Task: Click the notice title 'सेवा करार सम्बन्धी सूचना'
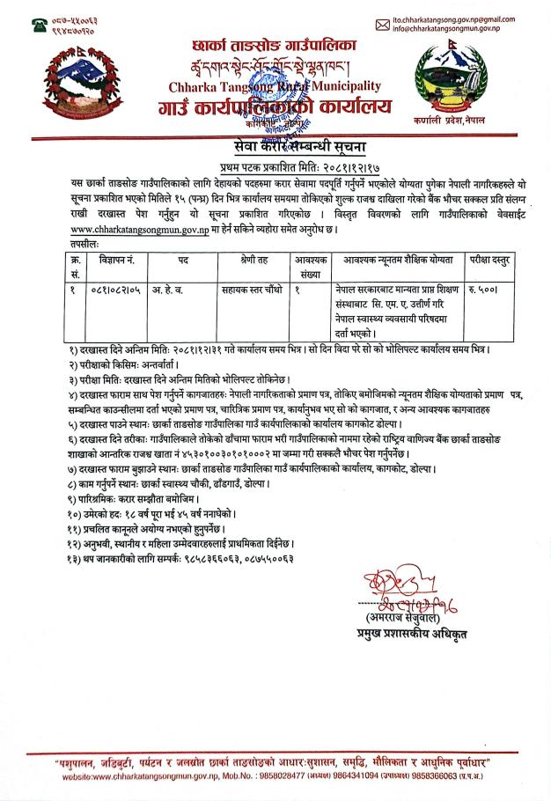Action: tap(275, 146)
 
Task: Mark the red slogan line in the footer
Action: tap(275, 758)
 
